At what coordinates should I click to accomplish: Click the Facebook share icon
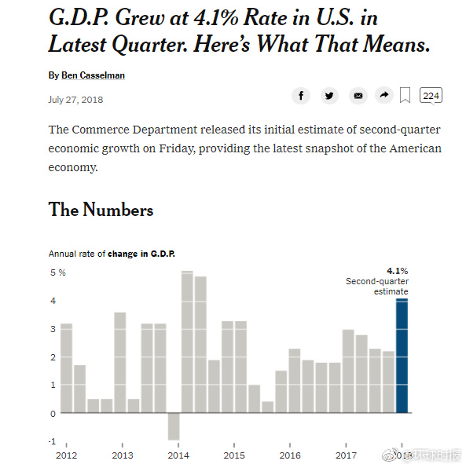(301, 96)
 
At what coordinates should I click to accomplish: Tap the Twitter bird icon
(329, 96)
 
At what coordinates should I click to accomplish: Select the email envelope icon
(358, 96)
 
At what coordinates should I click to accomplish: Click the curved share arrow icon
(384, 95)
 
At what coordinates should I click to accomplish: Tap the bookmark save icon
(405, 95)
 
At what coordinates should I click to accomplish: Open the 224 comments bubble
(431, 96)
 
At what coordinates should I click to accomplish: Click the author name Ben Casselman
(93, 75)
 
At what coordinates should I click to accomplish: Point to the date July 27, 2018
(75, 100)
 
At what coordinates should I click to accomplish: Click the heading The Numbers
(101, 210)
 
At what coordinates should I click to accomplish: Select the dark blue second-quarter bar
(402, 356)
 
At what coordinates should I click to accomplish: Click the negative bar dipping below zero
(174, 426)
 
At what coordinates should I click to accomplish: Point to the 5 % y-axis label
(57, 272)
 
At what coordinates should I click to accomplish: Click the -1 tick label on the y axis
(53, 441)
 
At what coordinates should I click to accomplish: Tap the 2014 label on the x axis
(178, 455)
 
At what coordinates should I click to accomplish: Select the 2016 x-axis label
(290, 455)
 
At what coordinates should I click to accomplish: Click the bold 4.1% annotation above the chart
(398, 271)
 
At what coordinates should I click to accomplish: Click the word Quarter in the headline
(149, 45)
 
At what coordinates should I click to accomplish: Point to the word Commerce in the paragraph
(101, 130)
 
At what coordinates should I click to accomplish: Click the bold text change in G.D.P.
(141, 254)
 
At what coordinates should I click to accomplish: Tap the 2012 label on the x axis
(66, 455)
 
